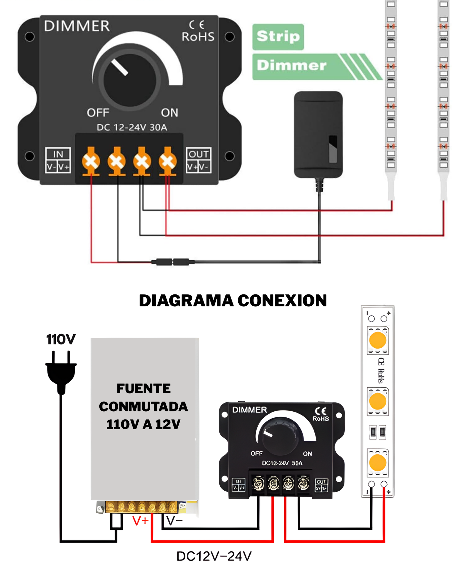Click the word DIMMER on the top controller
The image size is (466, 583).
click(x=77, y=26)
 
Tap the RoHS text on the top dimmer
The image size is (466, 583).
click(x=198, y=37)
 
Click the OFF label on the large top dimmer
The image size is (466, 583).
click(x=98, y=113)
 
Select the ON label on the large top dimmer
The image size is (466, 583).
click(x=169, y=113)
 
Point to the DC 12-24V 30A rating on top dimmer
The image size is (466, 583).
click(x=132, y=127)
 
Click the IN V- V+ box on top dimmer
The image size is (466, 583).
click(x=58, y=160)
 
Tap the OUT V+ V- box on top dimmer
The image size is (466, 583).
click(x=199, y=160)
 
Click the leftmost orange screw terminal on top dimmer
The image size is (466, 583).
click(x=91, y=161)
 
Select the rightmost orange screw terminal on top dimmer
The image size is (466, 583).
click(x=168, y=161)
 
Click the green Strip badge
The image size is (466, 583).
click(x=278, y=36)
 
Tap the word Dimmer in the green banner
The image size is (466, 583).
click(x=292, y=66)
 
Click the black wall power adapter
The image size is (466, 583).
click(x=318, y=134)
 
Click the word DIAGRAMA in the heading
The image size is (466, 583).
click(x=186, y=301)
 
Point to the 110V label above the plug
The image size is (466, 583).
click(x=61, y=339)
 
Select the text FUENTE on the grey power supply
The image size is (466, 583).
click(x=144, y=388)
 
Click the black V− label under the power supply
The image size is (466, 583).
click(x=174, y=521)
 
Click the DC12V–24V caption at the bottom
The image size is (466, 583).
click(x=214, y=556)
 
